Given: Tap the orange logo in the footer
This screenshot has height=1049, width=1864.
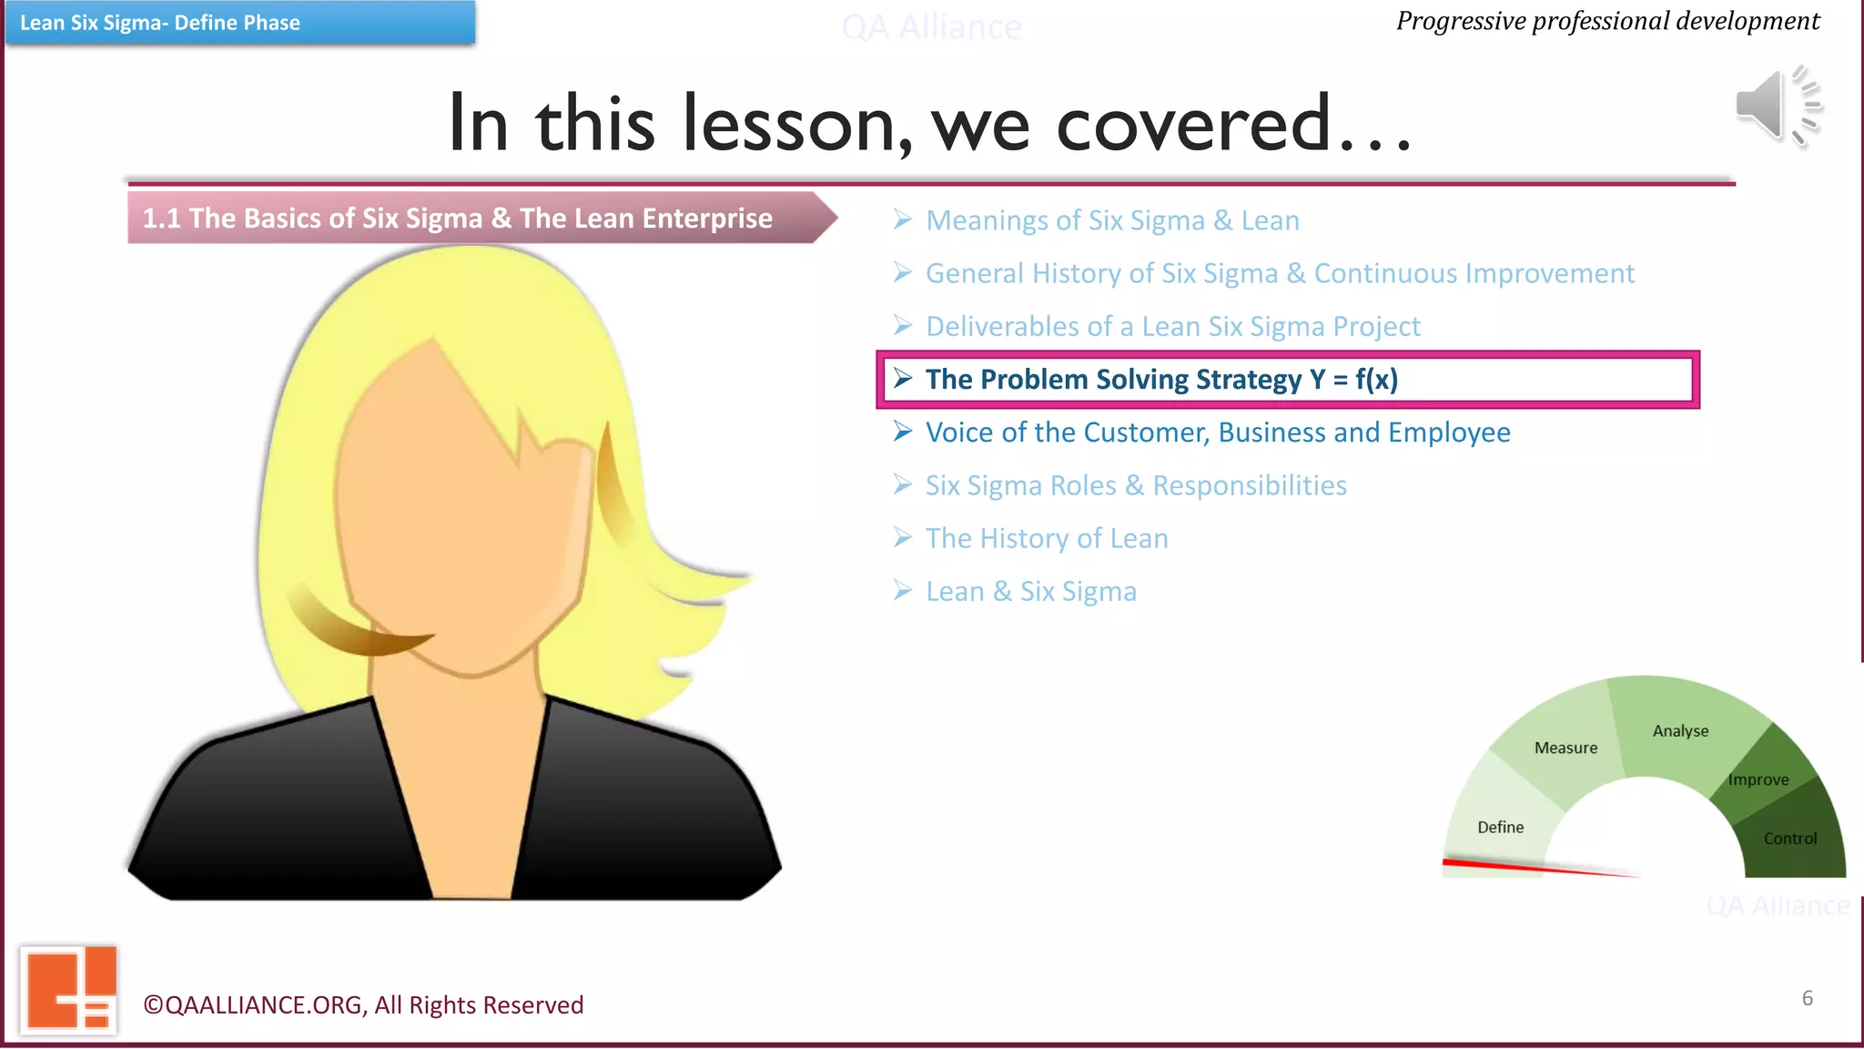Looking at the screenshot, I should (x=69, y=990).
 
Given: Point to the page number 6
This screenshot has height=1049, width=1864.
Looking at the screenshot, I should (x=1807, y=998).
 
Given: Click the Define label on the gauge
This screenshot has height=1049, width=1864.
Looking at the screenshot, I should (x=1500, y=827).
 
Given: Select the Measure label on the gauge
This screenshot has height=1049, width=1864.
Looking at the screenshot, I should (x=1565, y=748).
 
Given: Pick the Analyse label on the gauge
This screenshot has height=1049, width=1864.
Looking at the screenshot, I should (x=1680, y=730).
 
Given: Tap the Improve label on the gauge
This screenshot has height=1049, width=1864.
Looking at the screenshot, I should (x=1758, y=779).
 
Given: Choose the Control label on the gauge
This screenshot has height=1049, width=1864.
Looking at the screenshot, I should (x=1789, y=839).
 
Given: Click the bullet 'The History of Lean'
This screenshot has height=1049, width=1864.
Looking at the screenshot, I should (x=1046, y=538).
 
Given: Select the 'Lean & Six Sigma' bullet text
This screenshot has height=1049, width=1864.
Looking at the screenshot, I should (x=1030, y=592).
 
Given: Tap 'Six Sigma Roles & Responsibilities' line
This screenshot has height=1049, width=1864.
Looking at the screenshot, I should (x=1135, y=485).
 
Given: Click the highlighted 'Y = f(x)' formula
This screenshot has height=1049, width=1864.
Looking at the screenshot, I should (x=1353, y=379).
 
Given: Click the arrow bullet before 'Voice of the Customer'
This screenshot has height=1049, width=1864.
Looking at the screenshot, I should (x=902, y=432).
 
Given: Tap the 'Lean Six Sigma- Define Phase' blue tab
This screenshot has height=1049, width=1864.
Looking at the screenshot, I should (x=239, y=23).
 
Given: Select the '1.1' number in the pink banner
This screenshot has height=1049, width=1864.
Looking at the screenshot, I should (x=161, y=219).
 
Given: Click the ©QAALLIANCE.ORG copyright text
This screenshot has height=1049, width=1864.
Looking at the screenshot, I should (x=363, y=1004).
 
